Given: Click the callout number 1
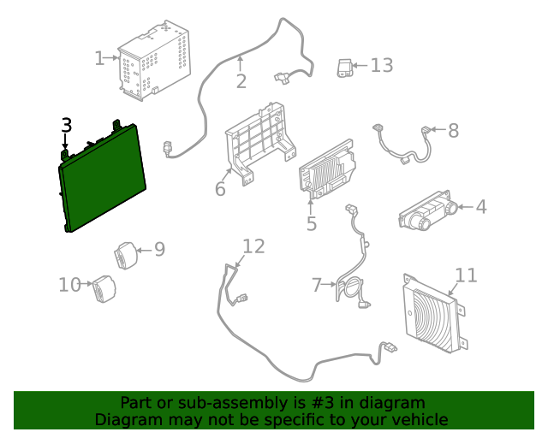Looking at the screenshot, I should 99,58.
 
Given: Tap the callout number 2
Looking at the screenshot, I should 241,81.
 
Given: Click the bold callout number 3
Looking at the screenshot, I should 67,125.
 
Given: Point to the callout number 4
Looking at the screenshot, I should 480,206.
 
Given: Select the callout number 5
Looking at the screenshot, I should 311,224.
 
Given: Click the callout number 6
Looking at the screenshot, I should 220,188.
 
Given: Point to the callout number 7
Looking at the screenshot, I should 317,284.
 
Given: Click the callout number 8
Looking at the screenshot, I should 453,131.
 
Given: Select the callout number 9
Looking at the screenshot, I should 158,249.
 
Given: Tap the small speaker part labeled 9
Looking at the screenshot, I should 126,255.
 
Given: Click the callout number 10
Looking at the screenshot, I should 69,284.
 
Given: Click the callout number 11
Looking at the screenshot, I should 465,275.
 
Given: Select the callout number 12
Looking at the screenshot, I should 253,246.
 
